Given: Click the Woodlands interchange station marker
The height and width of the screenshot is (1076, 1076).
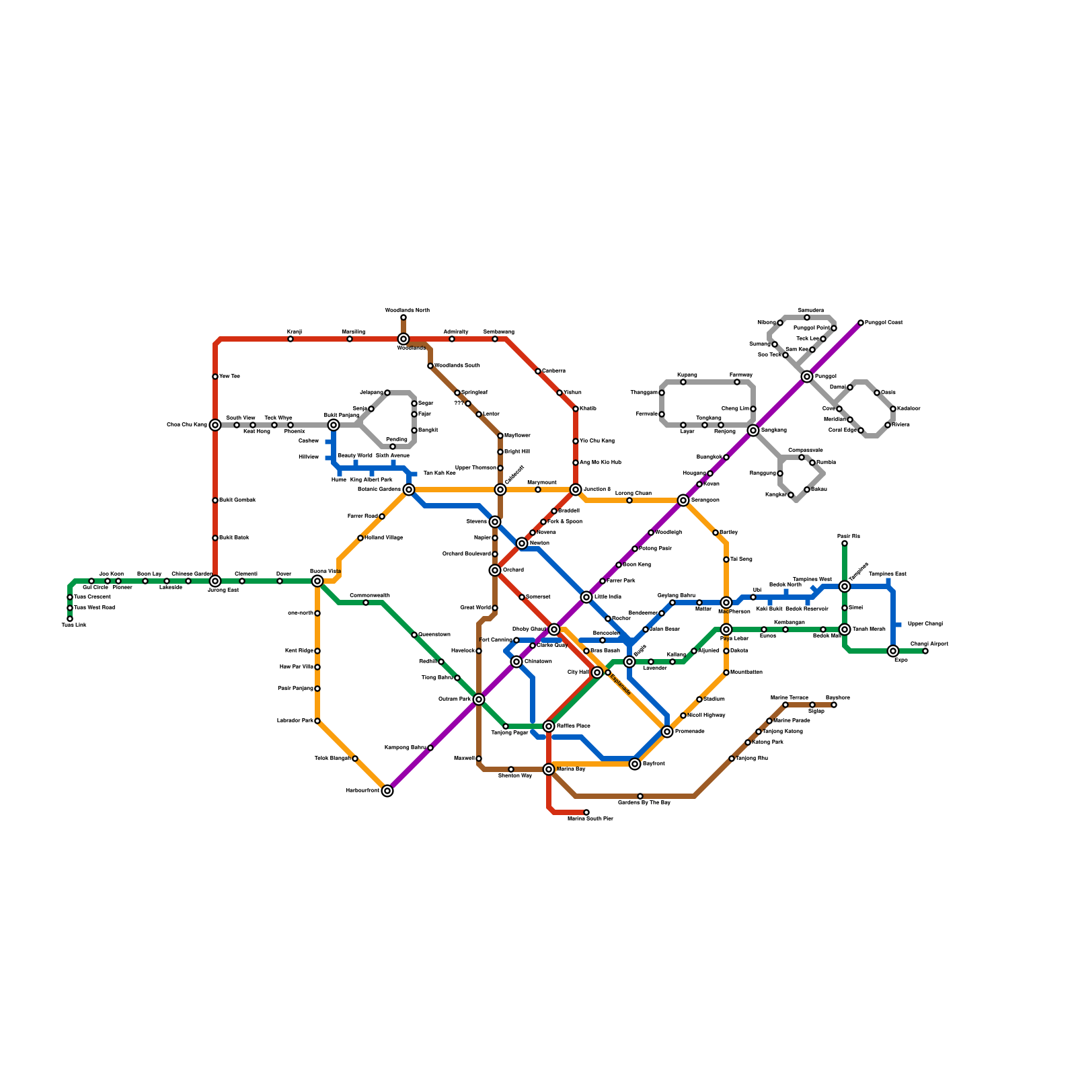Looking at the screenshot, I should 403,339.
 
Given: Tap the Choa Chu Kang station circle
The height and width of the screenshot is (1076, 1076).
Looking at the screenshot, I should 215,425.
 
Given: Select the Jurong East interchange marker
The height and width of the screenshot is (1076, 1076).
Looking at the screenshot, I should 215,581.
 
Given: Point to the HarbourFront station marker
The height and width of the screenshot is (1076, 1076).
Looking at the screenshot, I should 387,791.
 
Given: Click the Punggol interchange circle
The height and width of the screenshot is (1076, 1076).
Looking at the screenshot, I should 807,377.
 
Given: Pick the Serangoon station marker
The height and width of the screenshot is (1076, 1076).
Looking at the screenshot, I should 683,500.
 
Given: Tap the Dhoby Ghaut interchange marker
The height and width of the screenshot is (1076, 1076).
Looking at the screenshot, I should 554,629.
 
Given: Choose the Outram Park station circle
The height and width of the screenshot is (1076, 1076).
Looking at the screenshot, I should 479,699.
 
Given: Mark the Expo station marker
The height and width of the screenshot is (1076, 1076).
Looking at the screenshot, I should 893,651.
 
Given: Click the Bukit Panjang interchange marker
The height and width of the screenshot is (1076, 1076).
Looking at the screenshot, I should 334,425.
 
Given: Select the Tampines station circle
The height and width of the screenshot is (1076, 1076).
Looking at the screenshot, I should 845,586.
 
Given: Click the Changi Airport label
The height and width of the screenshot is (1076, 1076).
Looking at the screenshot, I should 929,644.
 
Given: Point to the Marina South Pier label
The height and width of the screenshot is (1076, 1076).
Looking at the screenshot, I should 590,819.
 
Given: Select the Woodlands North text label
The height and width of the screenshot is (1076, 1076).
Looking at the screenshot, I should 407,311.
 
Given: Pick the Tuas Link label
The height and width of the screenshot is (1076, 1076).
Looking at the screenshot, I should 74,625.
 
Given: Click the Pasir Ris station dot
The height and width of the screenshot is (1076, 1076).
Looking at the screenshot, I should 845,543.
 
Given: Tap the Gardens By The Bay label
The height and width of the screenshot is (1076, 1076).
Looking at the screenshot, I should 644,803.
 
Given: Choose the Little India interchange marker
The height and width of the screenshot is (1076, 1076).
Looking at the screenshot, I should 586,597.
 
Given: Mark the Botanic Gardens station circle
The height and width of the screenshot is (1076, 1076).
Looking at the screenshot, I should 409,490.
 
